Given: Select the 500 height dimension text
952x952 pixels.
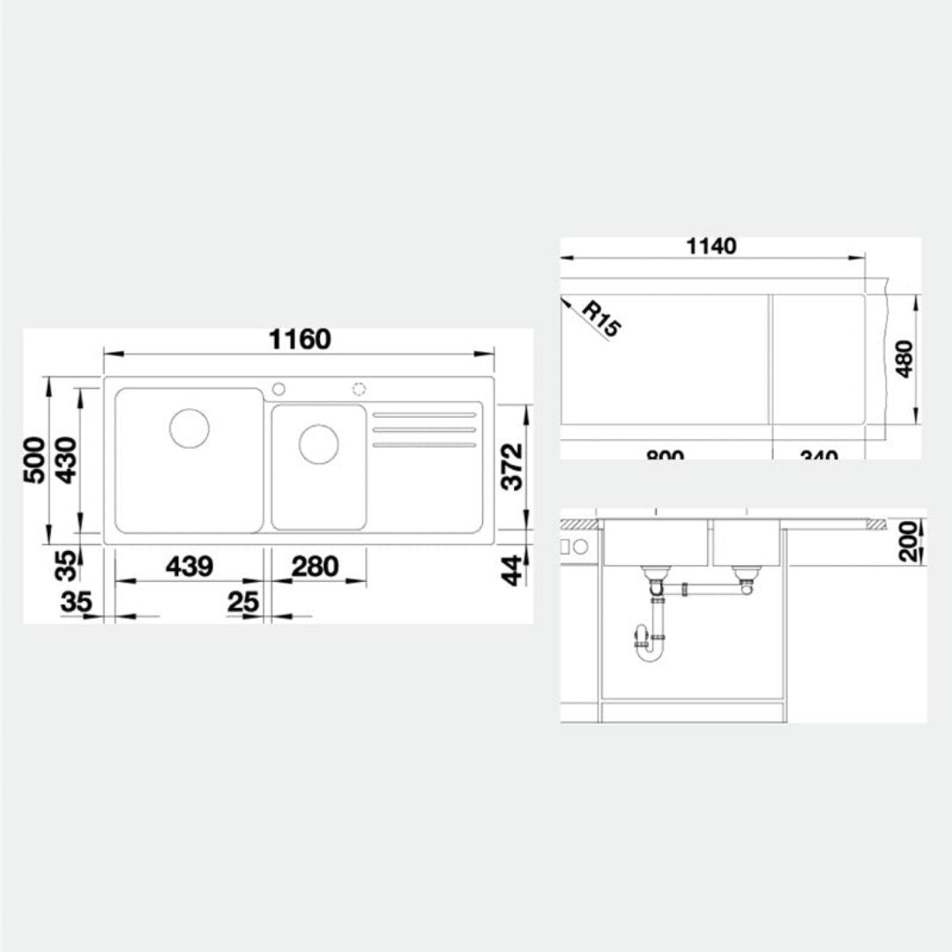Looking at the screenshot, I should coord(33,460).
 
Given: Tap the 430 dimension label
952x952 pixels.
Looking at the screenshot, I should coord(65,460).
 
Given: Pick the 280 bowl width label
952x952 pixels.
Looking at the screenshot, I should coord(315,566).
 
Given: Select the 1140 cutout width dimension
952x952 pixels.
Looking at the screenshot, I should coord(711,246).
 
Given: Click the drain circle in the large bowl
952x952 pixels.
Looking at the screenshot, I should coord(189,428).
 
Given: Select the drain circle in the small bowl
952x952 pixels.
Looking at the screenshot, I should coord(318,443).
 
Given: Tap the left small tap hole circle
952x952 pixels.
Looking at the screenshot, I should coord(279,389).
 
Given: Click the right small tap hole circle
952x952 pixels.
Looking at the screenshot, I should coord(359,389).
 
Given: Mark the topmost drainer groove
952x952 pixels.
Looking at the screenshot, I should coord(424,414).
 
